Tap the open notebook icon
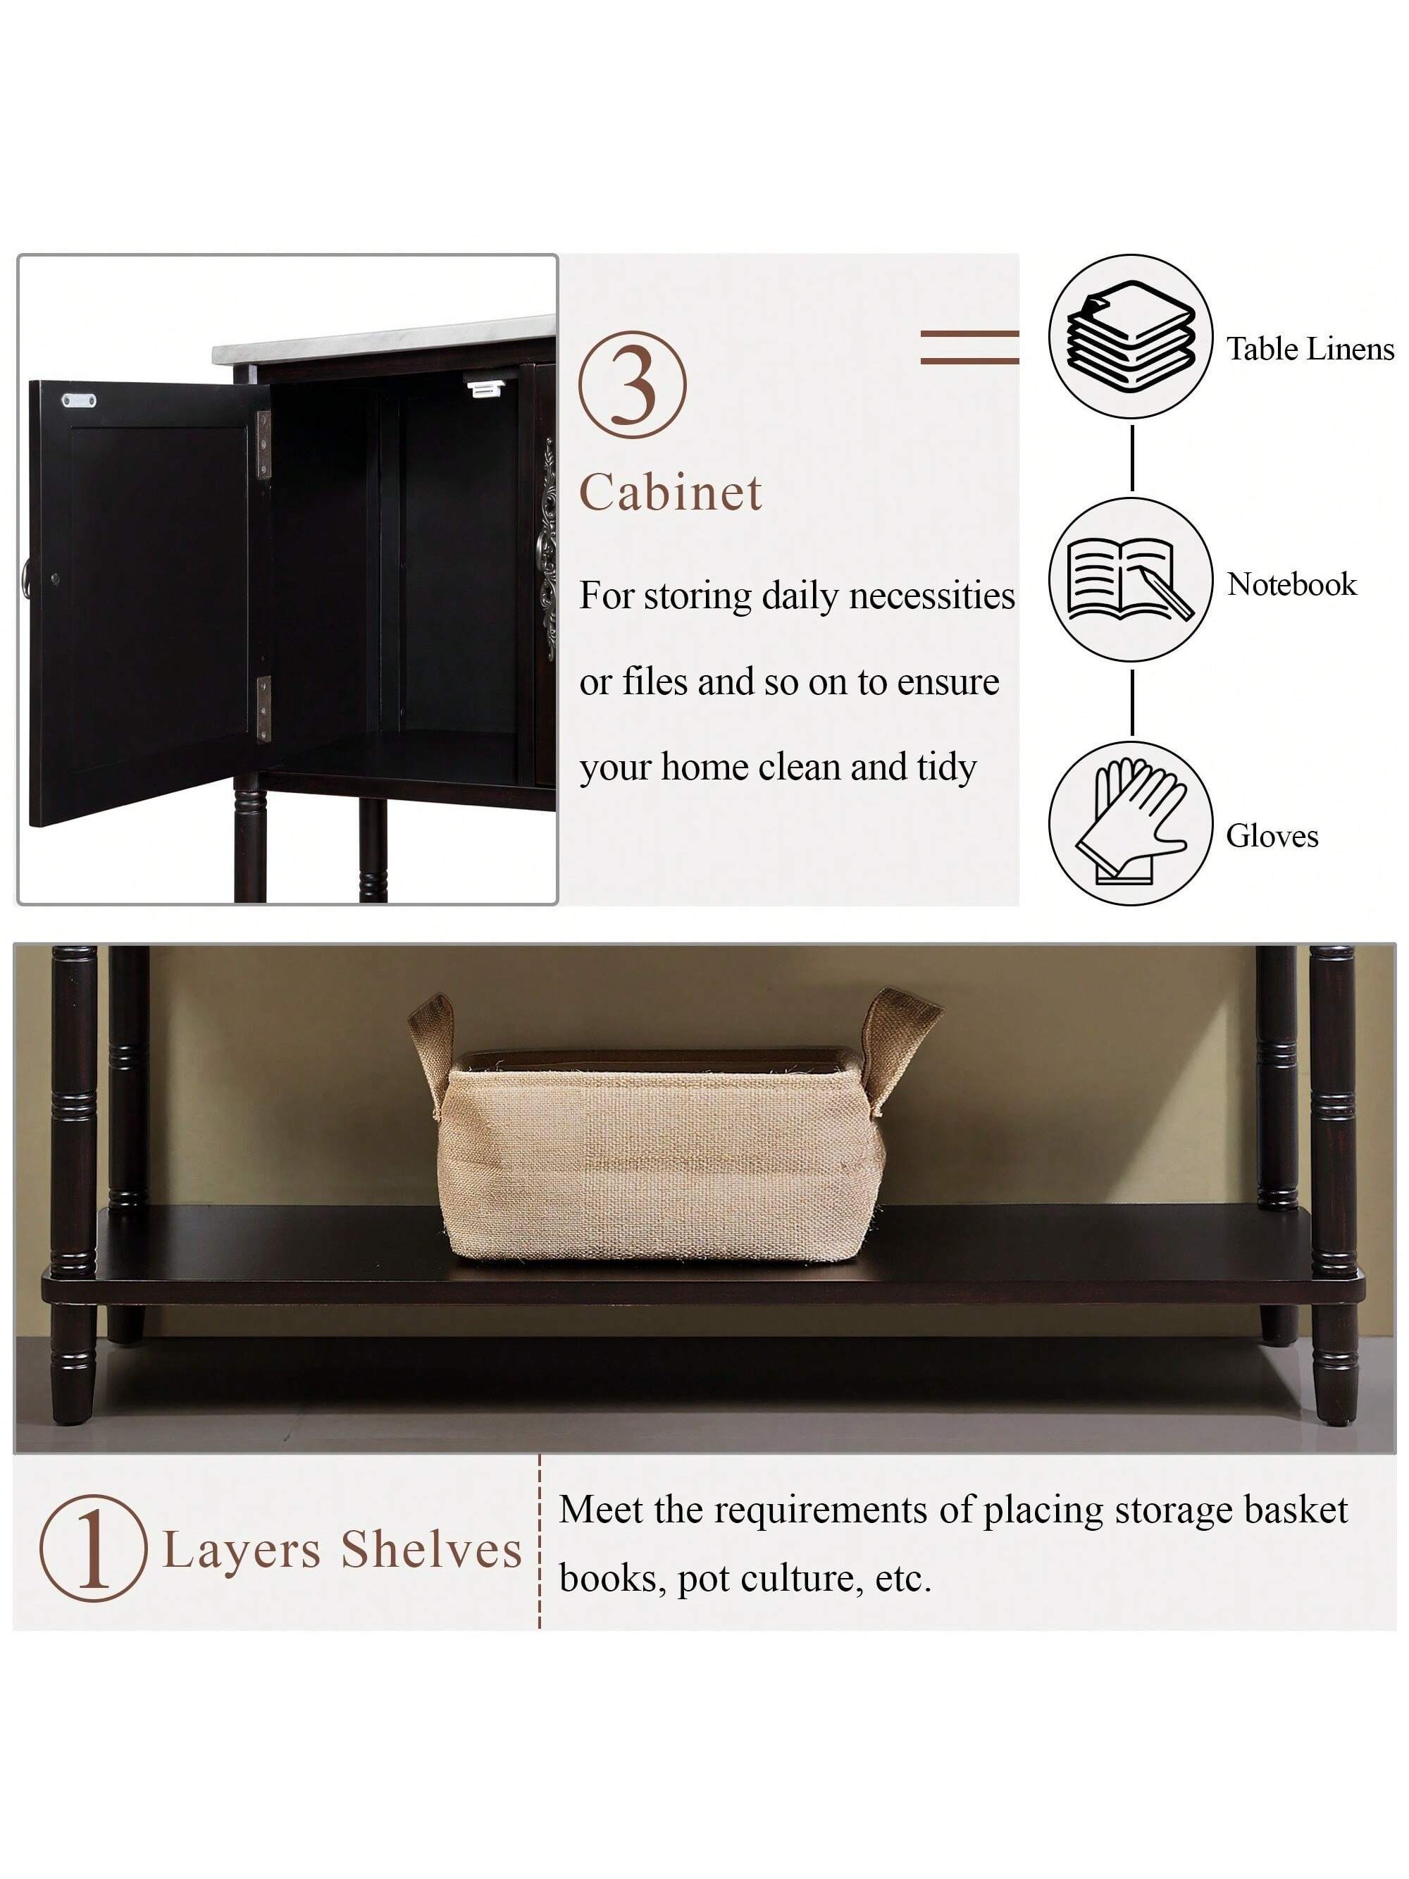coord(1129,579)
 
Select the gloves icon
coord(1131,820)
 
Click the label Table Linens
coord(1310,349)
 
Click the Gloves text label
coord(1272,836)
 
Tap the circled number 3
coord(632,385)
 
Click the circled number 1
coord(92,1548)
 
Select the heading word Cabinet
coord(671,492)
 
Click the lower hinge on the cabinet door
coord(264,708)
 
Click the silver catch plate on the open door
coord(79,399)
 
